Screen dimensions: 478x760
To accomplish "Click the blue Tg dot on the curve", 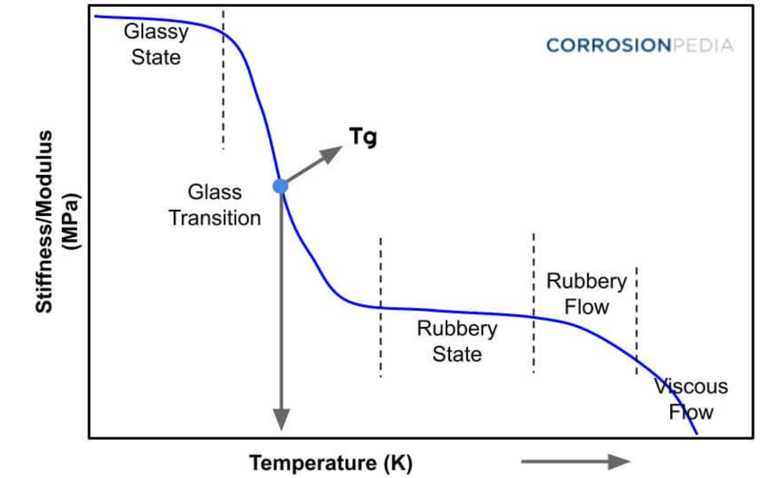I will [x=280, y=186].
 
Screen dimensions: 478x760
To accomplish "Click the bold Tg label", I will [x=363, y=137].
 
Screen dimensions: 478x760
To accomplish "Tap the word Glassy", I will [x=156, y=32].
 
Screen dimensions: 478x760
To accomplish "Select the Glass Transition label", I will [x=214, y=205].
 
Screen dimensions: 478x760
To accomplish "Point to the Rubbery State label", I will [x=457, y=341].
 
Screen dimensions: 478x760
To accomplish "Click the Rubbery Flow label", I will [x=586, y=294].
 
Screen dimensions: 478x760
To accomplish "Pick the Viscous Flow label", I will [x=690, y=399].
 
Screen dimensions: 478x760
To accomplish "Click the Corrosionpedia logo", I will [x=640, y=45].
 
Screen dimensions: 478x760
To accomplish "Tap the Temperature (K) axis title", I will [x=331, y=462].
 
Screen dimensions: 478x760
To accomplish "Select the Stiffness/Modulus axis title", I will [x=44, y=222].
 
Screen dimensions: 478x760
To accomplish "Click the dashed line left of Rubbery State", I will [x=380, y=306].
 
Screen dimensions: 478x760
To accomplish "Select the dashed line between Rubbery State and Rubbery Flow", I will [x=533, y=302].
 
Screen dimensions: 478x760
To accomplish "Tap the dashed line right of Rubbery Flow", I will [x=637, y=320].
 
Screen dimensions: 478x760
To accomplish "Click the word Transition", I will [x=214, y=218].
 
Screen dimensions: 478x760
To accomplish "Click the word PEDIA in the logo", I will [x=703, y=45].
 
